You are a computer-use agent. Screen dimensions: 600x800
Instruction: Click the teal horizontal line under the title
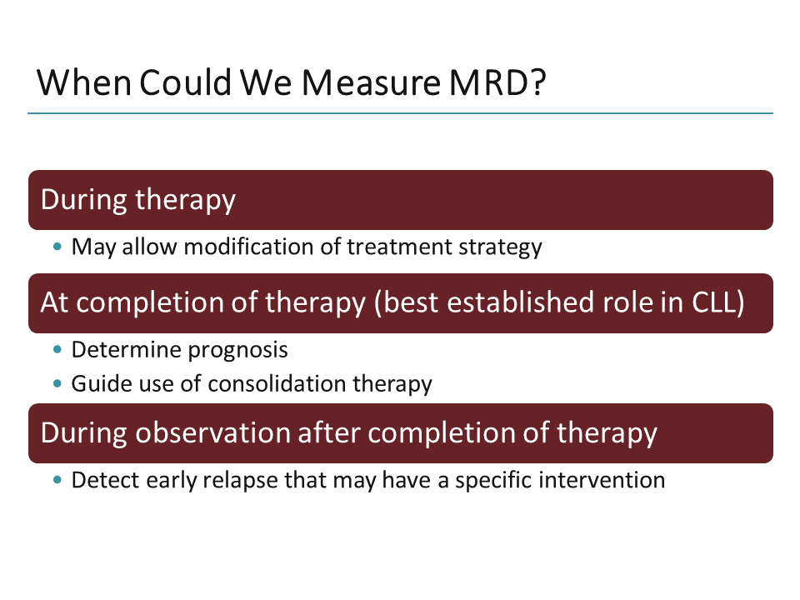pyautogui.click(x=400, y=113)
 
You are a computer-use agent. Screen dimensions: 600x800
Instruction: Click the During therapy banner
pyautogui.click(x=400, y=200)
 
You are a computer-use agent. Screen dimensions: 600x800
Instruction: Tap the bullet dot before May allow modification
pyautogui.click(x=57, y=247)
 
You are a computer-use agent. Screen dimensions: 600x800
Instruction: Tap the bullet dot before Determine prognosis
pyautogui.click(x=57, y=350)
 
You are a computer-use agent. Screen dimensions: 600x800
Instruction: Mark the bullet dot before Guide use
pyautogui.click(x=57, y=384)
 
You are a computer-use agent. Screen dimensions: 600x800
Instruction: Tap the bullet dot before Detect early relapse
pyautogui.click(x=57, y=481)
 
